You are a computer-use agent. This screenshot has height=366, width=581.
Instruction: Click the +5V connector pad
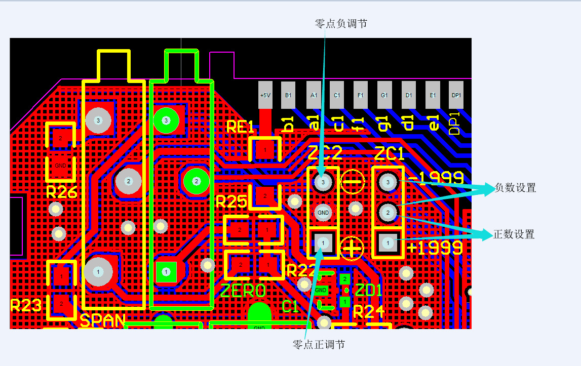(265, 95)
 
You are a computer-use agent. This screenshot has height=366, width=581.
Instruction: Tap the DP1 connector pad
(456, 95)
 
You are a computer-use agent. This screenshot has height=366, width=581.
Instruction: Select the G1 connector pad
(384, 95)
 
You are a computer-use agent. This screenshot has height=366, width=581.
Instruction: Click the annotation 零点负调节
(341, 24)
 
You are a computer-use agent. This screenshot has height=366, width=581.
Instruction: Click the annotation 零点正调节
(319, 345)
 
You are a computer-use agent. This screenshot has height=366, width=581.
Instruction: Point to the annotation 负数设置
(515, 188)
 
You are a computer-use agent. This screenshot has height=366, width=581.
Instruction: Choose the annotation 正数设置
(514, 234)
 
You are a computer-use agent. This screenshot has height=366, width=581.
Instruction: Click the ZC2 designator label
(325, 153)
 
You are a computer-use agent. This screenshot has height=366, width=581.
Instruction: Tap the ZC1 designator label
(390, 153)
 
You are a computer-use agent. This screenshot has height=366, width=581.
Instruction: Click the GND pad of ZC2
(323, 213)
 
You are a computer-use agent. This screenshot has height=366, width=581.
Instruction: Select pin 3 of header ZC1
(388, 181)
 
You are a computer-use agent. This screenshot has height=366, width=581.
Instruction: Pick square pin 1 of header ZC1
(388, 243)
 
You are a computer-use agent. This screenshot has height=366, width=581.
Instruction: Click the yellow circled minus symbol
(353, 181)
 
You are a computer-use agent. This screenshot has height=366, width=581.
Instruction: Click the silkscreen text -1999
(436, 178)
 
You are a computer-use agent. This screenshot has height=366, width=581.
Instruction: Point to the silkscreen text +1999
(435, 248)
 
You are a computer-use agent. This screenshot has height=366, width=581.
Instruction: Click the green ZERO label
(243, 291)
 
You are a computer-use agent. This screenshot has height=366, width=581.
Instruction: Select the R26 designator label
(61, 192)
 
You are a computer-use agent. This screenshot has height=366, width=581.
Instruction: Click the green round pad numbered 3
(166, 120)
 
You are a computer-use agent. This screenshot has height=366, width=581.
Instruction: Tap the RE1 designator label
(240, 127)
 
